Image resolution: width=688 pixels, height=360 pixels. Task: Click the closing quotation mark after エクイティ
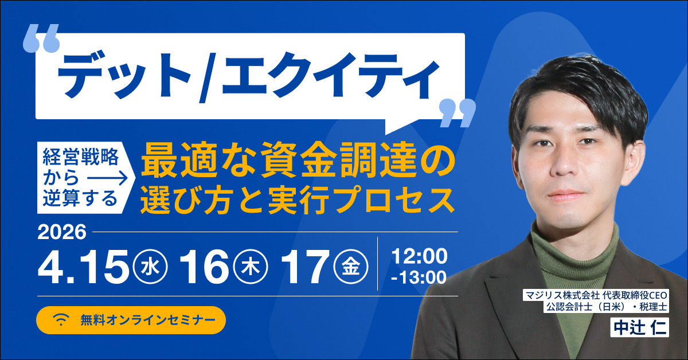point(457,113)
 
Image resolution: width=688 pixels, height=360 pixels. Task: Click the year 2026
point(62,232)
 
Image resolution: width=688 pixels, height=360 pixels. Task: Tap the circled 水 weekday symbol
point(150,267)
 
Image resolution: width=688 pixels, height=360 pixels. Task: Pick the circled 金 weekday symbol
point(349,267)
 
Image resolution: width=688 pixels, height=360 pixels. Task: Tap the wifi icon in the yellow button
point(61,319)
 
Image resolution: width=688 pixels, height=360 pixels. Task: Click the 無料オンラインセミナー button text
point(148,320)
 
